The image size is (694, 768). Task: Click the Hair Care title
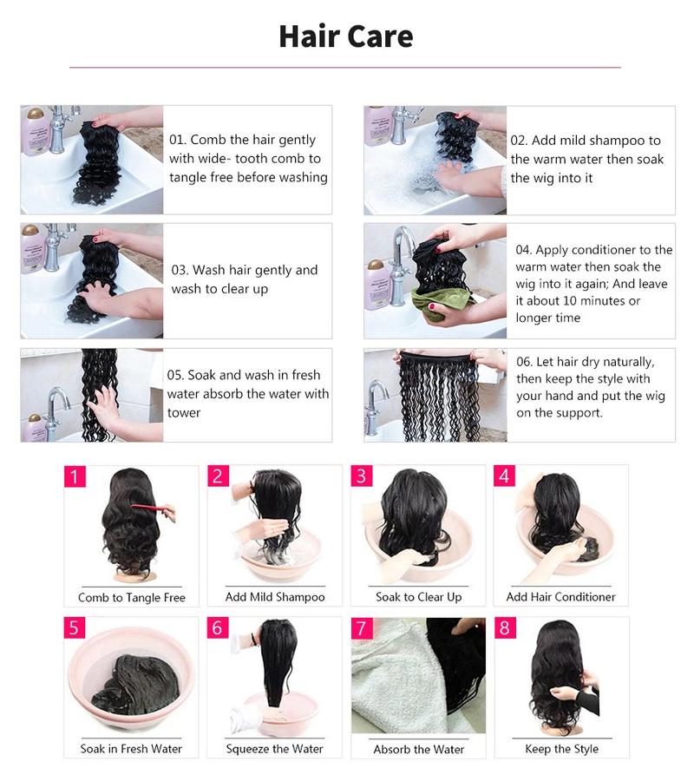(x=345, y=36)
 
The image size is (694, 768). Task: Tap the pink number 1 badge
(x=75, y=476)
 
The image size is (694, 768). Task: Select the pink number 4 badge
(x=505, y=476)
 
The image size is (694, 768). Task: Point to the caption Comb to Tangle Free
(x=132, y=597)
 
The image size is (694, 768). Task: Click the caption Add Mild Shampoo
(x=275, y=597)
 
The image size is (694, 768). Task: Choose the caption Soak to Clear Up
(x=418, y=597)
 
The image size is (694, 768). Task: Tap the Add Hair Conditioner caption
(x=560, y=597)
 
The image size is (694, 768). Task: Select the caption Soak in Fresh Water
(x=132, y=749)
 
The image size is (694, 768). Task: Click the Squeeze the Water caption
(x=275, y=749)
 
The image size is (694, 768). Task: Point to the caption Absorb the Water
(x=418, y=749)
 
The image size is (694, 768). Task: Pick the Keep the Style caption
(x=561, y=749)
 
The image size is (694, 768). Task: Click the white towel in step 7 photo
(x=390, y=686)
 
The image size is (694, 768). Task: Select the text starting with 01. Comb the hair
(x=248, y=159)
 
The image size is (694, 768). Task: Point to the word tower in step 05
(x=184, y=413)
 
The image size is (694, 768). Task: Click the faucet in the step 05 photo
(x=56, y=404)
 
